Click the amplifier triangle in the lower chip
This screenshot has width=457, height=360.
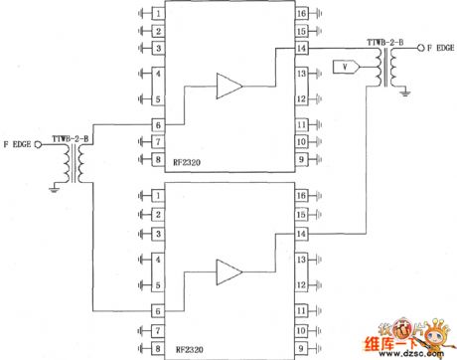229,270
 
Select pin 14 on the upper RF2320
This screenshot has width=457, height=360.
301,49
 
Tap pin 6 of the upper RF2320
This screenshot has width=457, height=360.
157,125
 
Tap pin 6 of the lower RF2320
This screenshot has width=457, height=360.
157,310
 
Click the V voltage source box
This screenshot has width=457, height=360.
343,67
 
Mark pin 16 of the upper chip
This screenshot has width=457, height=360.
301,15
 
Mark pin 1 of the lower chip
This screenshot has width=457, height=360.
157,199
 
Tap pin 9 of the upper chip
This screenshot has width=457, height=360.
301,158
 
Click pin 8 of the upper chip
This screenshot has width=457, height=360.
157,158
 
